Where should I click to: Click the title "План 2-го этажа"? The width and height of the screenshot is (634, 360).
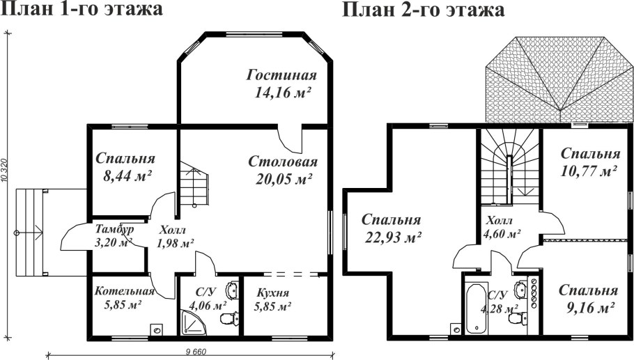(x=423, y=10)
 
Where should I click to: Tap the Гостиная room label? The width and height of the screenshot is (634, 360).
(x=281, y=76)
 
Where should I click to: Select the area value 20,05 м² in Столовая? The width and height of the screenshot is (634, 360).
(x=283, y=179)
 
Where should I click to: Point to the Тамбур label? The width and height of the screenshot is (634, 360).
(x=114, y=229)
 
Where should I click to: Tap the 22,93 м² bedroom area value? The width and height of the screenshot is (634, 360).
(x=394, y=237)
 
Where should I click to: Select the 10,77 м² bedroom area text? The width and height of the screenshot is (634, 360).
(x=589, y=170)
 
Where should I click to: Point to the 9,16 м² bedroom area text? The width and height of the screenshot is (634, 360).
(x=589, y=307)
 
